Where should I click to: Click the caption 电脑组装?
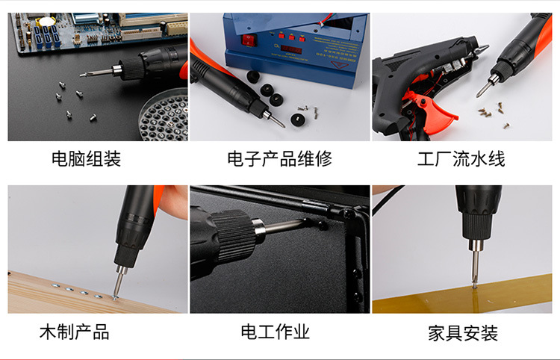86,159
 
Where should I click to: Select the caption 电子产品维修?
279,159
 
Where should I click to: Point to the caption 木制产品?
75,332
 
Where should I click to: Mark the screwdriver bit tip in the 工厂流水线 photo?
481,93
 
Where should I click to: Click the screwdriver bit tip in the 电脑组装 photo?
83,73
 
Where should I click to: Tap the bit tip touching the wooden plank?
116,296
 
